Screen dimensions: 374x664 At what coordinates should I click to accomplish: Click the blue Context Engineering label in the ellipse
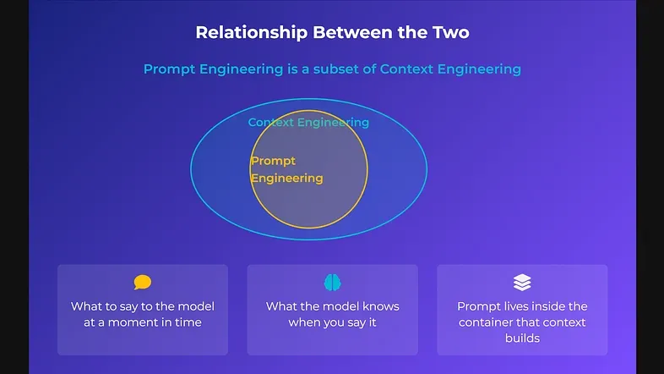(308, 122)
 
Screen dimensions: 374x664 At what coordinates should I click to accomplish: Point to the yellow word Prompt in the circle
(273, 161)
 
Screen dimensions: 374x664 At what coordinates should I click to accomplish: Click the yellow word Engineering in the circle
(286, 178)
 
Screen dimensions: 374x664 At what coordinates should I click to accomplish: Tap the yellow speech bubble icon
(143, 283)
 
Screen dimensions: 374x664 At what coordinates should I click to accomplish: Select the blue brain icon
(332, 283)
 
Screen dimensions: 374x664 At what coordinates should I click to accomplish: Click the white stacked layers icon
(522, 283)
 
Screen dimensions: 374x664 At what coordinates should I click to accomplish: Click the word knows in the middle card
(379, 306)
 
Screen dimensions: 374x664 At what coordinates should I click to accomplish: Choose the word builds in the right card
(522, 338)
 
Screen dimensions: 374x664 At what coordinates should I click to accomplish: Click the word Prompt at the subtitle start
(169, 69)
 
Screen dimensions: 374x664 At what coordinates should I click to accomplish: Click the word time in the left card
(188, 322)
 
